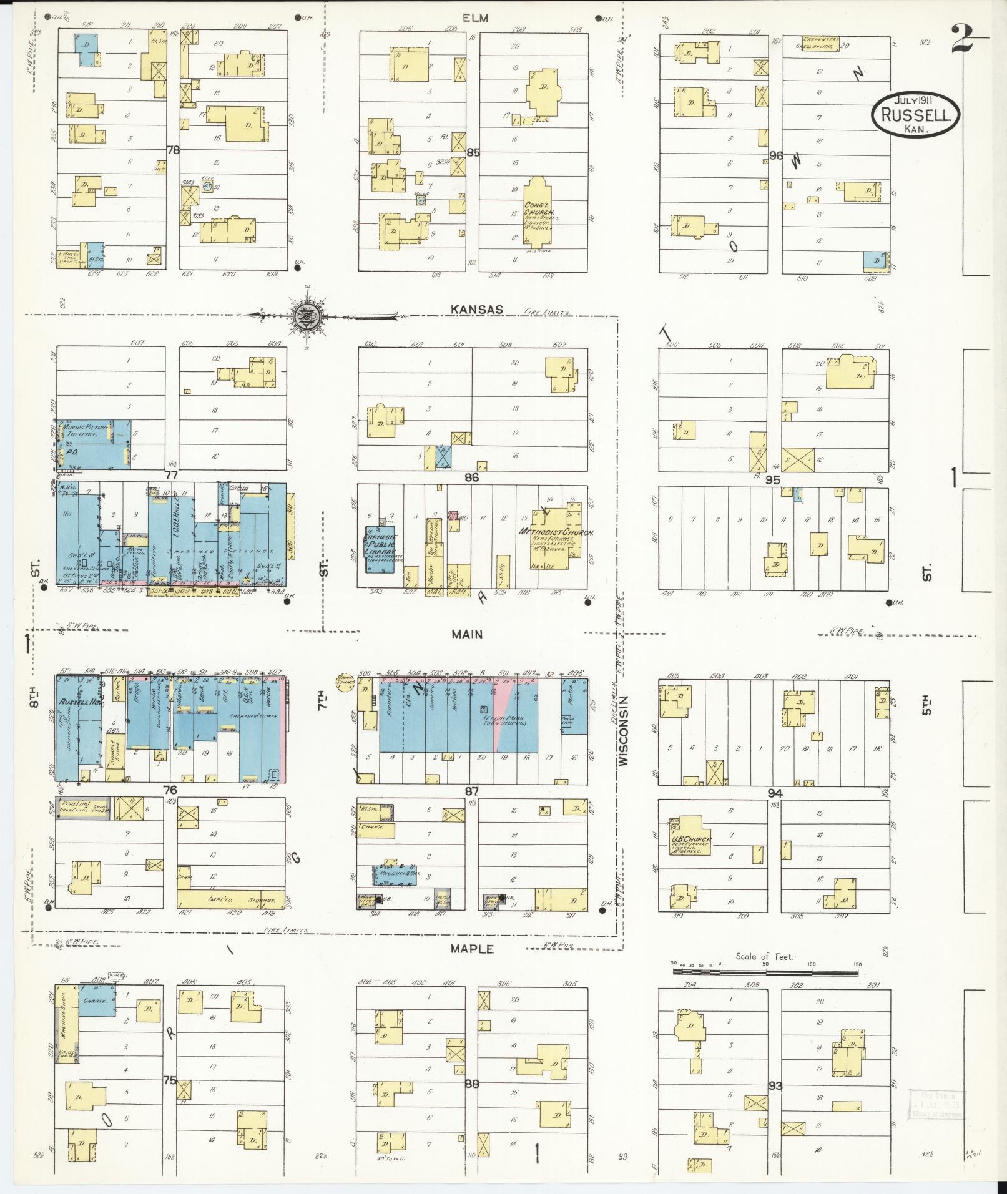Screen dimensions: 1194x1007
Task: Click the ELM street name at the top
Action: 476,18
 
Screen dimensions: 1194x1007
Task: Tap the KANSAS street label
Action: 471,310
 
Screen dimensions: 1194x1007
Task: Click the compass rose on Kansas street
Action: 308,316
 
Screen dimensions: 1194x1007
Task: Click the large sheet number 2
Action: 965,39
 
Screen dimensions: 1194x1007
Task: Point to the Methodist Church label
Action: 556,532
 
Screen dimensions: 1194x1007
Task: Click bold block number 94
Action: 775,793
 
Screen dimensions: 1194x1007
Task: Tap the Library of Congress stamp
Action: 937,1105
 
